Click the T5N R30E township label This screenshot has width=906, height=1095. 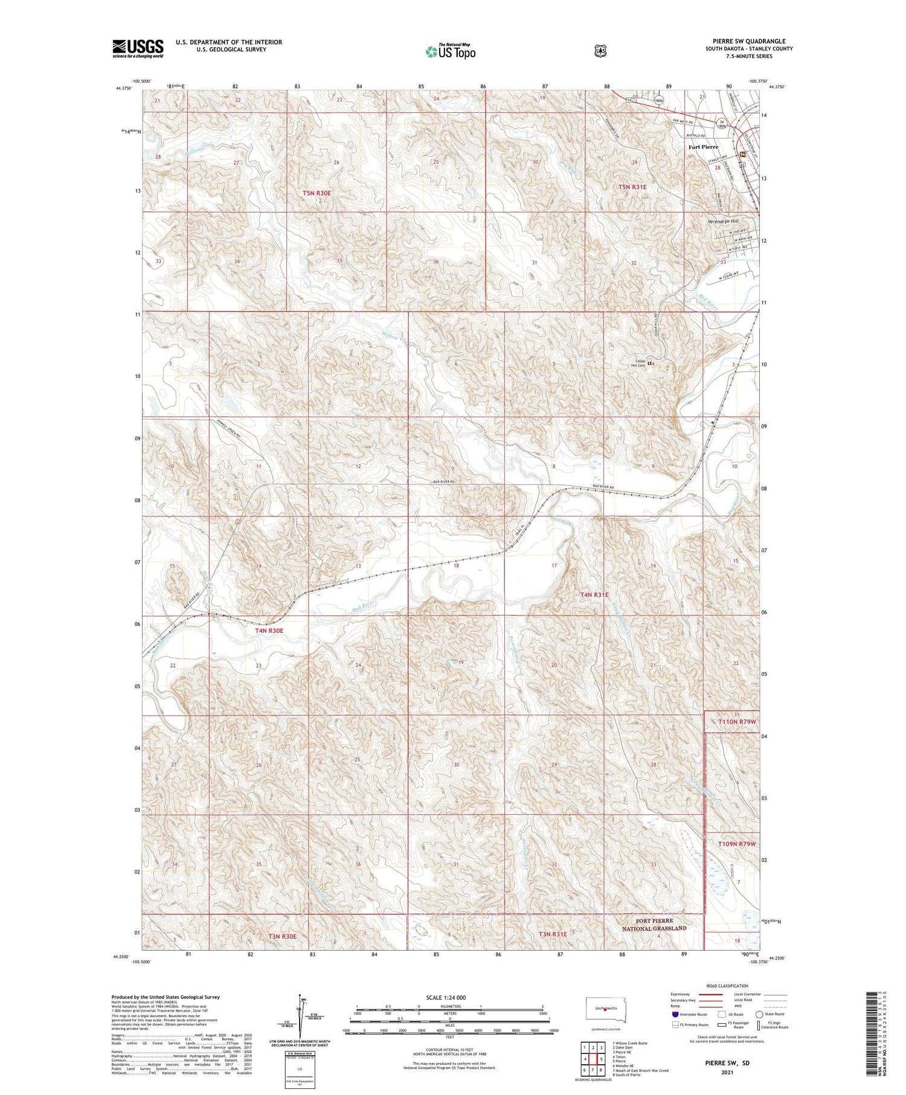tap(317, 193)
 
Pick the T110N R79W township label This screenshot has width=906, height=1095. tap(737, 722)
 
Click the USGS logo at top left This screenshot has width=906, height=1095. tap(138, 48)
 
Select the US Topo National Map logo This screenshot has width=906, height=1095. tap(450, 51)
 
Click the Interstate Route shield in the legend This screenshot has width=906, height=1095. tap(675, 1015)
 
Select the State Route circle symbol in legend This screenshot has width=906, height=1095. tap(759, 1014)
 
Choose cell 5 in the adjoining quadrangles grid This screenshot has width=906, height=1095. tap(601, 1059)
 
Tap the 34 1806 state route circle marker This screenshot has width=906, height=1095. tap(721, 124)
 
